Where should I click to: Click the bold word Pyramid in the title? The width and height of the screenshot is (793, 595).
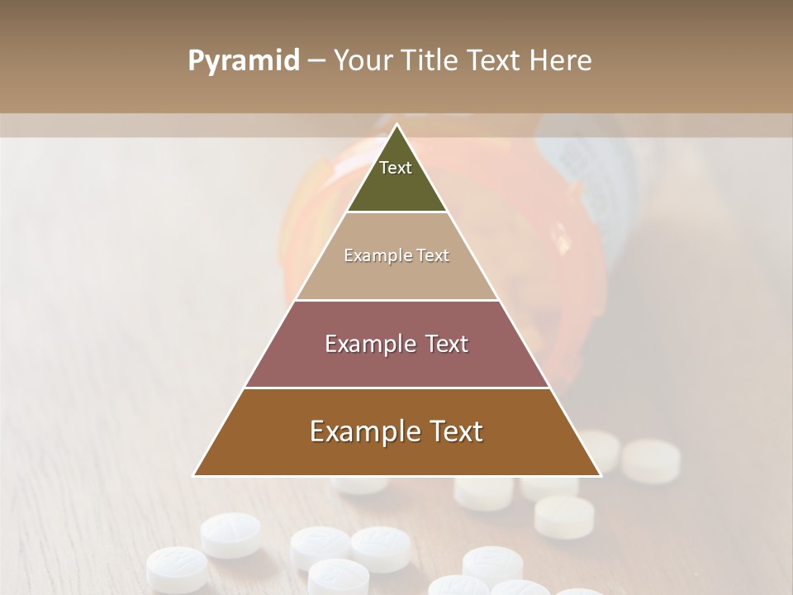(244, 61)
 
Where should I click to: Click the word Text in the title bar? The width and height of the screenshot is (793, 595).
(496, 61)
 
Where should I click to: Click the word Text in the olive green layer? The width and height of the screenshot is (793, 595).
(396, 169)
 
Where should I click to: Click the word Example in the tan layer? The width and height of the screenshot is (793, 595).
(372, 256)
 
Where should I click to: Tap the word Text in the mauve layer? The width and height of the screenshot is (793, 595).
(447, 345)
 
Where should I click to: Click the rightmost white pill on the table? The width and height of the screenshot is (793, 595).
(651, 460)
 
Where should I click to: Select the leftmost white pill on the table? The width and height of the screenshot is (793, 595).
(177, 569)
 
